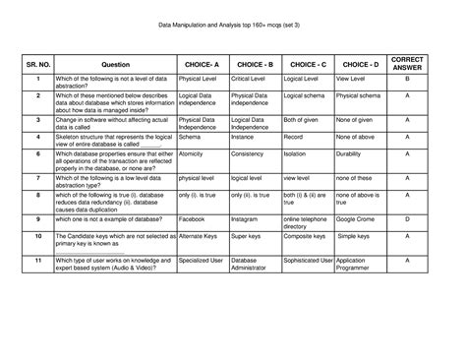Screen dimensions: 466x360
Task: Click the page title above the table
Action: [232, 27]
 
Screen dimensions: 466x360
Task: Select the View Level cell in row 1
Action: [352, 78]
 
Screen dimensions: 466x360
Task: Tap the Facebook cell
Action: [193, 218]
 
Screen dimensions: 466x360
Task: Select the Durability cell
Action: [351, 153]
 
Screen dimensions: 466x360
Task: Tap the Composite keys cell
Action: [306, 237]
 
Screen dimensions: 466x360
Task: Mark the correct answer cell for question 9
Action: [406, 218]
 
